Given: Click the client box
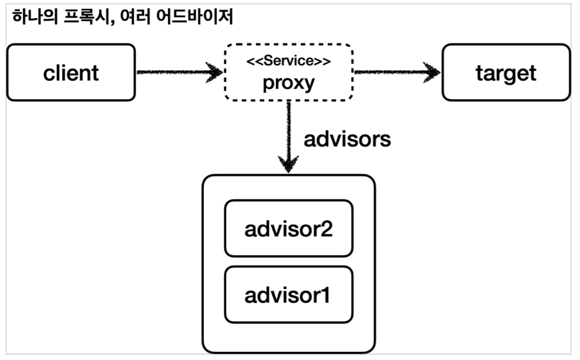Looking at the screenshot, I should (71, 73).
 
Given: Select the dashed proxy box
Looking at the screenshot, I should (288, 73).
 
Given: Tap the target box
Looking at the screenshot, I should (506, 73).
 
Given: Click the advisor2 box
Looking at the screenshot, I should (289, 228).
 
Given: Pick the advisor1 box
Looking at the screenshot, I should (289, 294).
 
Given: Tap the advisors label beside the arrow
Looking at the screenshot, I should (347, 141).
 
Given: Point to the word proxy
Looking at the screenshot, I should (288, 83).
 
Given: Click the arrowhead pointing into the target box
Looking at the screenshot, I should (433, 73).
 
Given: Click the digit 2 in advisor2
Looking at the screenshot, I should (326, 228).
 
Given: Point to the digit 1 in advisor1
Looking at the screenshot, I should (325, 294).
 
